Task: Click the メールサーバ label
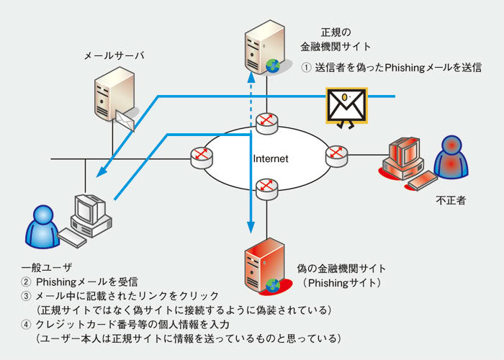pyautogui.click(x=109, y=55)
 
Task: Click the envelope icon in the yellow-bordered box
pyautogui.click(x=346, y=106)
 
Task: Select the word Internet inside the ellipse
pyautogui.click(x=271, y=158)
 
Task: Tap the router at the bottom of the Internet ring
pyautogui.click(x=266, y=187)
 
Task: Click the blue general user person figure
pyautogui.click(x=40, y=225)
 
